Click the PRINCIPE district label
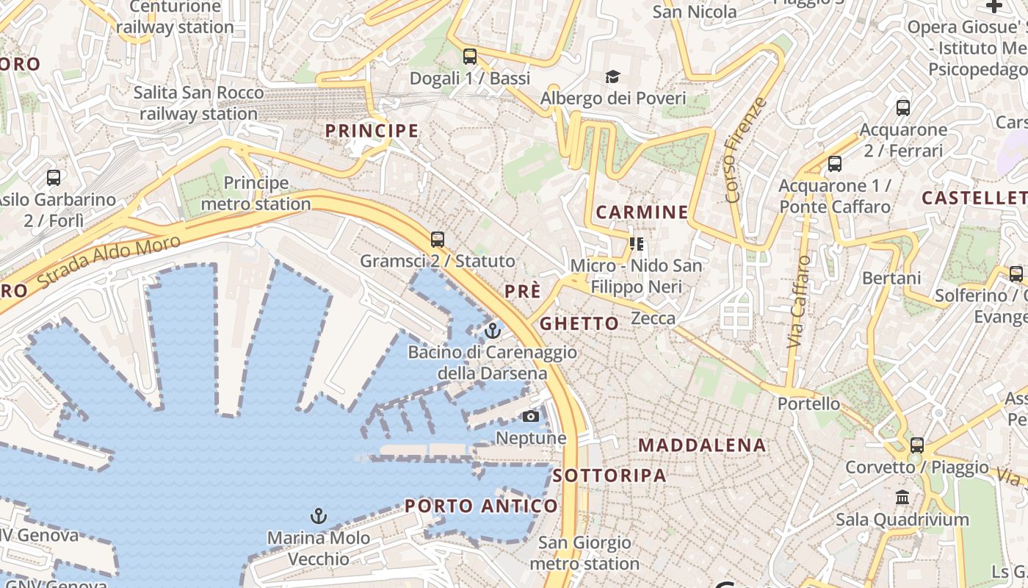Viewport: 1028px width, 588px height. [372, 131]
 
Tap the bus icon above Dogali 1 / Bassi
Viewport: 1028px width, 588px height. [470, 57]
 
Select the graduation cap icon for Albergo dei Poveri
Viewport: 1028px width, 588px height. [612, 76]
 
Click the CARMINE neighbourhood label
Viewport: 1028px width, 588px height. [642, 212]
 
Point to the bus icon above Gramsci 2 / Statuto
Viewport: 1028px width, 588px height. [438, 240]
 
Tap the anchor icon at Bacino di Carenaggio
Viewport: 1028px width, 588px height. [493, 330]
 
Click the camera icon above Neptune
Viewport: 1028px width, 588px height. [530, 417]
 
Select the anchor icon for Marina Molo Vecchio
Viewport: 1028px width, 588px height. [318, 516]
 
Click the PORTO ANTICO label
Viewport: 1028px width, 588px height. [481, 506]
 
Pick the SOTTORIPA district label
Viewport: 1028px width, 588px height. [609, 475]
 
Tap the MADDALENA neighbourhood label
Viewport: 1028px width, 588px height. [702, 445]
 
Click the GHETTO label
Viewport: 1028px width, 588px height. [579, 323]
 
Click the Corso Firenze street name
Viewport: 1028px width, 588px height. [745, 151]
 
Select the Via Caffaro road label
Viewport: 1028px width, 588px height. [799, 302]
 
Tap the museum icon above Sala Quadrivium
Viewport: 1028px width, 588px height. [902, 498]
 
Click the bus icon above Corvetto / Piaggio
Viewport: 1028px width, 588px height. [917, 445]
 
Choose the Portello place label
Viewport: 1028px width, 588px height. [808, 404]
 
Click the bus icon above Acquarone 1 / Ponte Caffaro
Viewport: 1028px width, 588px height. [835, 164]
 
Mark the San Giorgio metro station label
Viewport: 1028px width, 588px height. [584, 553]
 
